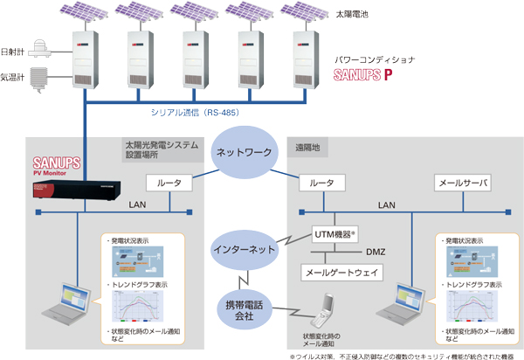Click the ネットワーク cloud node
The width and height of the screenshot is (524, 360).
point(245,151)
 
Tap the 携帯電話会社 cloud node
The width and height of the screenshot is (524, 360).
point(244,308)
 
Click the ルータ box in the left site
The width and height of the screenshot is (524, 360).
point(169,183)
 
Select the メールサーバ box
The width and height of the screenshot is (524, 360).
point(463,183)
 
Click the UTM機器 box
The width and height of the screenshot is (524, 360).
point(336,233)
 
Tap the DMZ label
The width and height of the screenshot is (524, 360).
point(376,253)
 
